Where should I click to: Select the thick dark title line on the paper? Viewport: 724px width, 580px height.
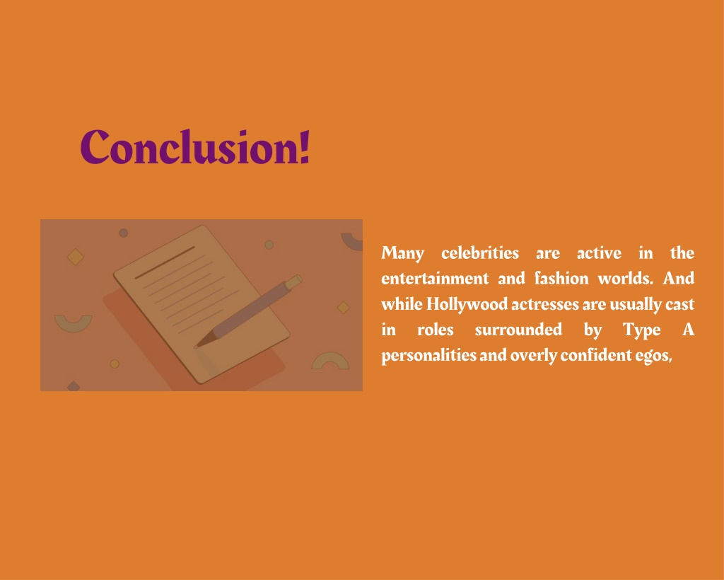tap(164, 262)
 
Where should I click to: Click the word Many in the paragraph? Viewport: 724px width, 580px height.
tap(402, 253)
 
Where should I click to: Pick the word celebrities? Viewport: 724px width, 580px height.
tap(480, 253)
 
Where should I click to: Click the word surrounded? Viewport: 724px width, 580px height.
tap(518, 330)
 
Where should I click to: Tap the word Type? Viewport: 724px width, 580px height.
tap(641, 330)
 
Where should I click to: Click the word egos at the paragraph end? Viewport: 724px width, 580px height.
tap(651, 356)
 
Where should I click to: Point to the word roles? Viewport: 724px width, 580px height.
tap(436, 330)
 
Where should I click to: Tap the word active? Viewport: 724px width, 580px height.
tap(599, 253)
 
